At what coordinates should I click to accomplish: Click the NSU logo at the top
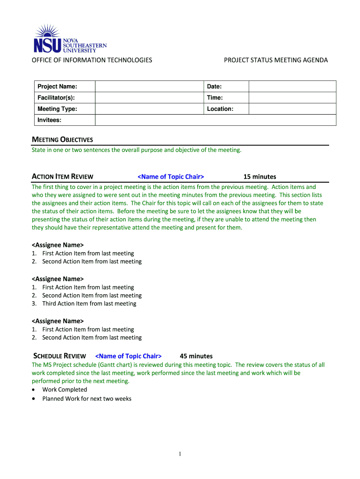(70, 39)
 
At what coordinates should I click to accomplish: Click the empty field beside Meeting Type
(149, 109)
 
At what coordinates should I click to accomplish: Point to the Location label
(220, 109)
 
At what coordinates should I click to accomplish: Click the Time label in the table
(215, 98)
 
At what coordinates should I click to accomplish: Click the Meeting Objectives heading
(62, 139)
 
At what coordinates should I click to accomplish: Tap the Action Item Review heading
(62, 176)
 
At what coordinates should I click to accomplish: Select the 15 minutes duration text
(259, 176)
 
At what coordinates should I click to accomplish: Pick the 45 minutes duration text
(196, 356)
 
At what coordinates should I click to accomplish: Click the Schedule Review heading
(59, 356)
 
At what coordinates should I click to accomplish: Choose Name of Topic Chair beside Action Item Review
(171, 176)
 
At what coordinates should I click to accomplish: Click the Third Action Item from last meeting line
(89, 304)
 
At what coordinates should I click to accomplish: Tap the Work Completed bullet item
(65, 389)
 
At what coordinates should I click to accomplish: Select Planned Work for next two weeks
(86, 399)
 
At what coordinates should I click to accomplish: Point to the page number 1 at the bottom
(180, 454)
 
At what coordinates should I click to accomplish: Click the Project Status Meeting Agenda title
(276, 60)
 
